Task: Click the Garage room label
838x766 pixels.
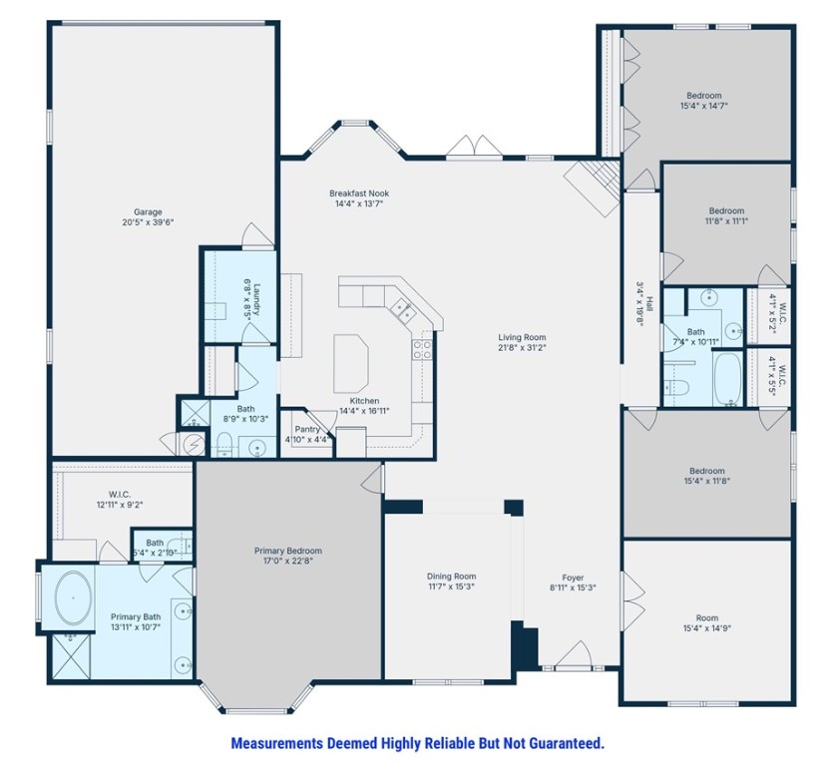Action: (x=148, y=211)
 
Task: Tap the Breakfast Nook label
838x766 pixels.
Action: (x=359, y=192)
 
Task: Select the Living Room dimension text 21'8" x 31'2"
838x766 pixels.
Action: (x=522, y=349)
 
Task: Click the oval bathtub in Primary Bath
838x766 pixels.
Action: (x=74, y=598)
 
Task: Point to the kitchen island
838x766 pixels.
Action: (x=350, y=356)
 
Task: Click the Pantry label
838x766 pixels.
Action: (x=306, y=429)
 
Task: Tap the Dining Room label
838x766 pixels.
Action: (x=451, y=576)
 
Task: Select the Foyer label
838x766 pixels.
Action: (x=573, y=576)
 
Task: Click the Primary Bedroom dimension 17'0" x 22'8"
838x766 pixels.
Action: (x=288, y=563)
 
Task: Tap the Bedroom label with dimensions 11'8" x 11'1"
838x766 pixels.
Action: (x=726, y=210)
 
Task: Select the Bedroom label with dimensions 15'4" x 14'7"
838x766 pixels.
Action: (x=701, y=96)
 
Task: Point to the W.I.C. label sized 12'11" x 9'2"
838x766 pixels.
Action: (x=120, y=494)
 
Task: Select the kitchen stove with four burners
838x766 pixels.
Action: (x=421, y=348)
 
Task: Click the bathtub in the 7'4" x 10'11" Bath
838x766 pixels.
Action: (x=727, y=379)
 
